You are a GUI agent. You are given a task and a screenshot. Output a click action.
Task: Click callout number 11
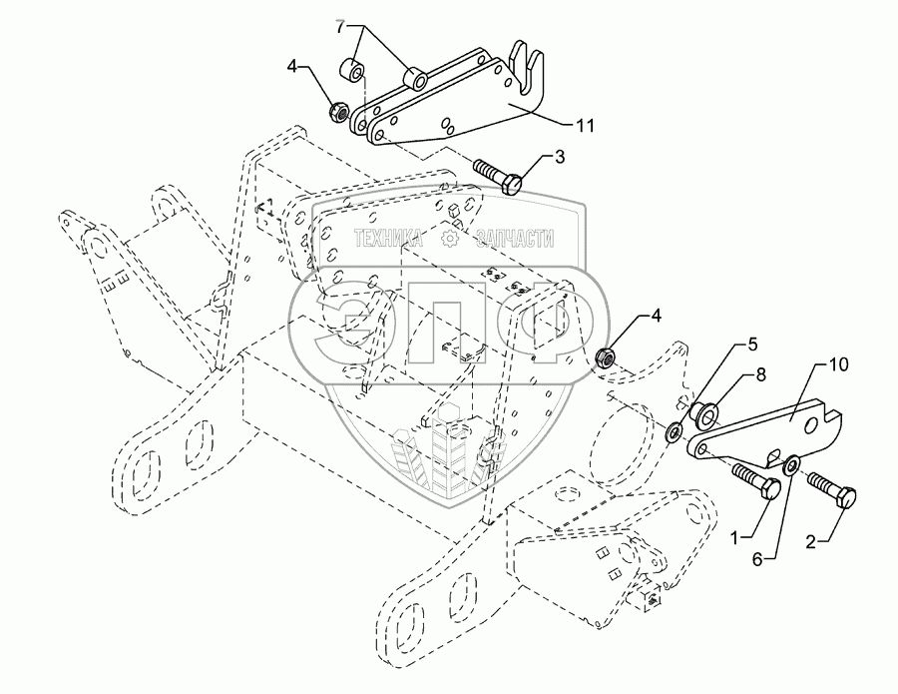pos(585,126)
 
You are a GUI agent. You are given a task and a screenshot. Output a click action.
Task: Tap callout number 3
pos(559,157)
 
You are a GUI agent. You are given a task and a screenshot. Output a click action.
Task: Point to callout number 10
pos(838,364)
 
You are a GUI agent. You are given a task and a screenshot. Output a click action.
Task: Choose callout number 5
pos(757,560)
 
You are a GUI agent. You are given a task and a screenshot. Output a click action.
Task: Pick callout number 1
pos(735,537)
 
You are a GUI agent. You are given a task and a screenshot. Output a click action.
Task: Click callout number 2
pos(810,541)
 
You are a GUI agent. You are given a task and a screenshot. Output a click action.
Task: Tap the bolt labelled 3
pos(498,176)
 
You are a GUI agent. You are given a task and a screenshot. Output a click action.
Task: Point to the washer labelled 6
pos(792,464)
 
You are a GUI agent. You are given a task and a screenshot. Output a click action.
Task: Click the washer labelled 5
pos(674,431)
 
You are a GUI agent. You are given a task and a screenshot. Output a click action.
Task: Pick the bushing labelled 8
pos(702,413)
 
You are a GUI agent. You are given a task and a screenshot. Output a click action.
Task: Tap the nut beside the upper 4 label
pos(338,111)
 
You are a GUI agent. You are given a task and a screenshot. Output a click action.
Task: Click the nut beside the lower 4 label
pos(605,357)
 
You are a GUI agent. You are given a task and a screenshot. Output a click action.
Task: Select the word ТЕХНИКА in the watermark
pos(389,238)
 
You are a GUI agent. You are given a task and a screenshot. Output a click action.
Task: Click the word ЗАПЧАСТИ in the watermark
pos(515,238)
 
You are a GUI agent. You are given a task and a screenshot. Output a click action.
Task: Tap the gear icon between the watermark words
pos(450,238)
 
